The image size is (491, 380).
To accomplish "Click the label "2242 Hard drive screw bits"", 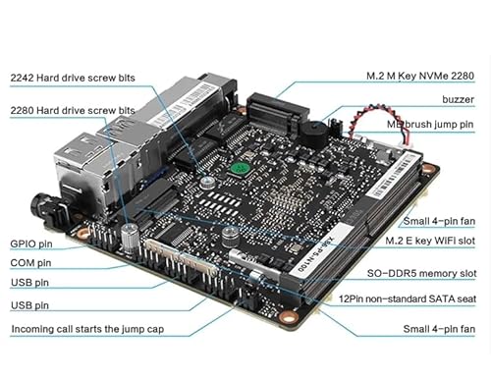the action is (x=73, y=78).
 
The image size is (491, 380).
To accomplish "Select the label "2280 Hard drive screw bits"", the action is (x=73, y=110).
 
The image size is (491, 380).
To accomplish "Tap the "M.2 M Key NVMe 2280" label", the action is (x=420, y=76).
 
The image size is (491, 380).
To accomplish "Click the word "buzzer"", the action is (x=458, y=99).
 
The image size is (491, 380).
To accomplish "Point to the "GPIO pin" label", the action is (x=31, y=244).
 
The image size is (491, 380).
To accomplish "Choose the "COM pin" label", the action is (x=30, y=263).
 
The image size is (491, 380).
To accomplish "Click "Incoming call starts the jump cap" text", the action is (x=87, y=329).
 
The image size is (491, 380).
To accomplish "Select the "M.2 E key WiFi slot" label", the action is (x=430, y=241).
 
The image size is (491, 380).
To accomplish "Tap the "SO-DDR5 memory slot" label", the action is (x=421, y=273).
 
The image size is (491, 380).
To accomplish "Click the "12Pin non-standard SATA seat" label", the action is (x=408, y=299).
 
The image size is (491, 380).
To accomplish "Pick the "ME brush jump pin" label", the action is (x=430, y=125).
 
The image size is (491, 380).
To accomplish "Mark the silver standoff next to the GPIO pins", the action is (x=130, y=239).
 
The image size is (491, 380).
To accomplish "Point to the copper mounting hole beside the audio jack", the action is (x=83, y=234).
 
